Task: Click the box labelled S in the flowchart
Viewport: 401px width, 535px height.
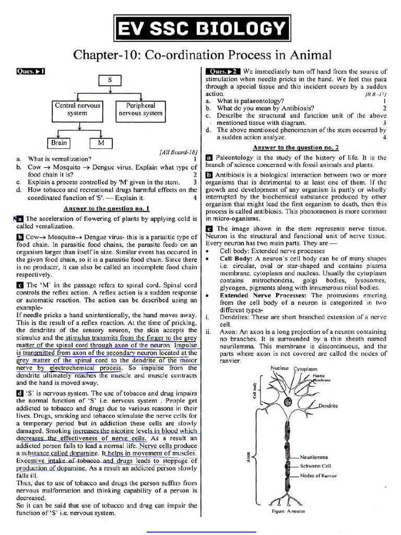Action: (x=110, y=80)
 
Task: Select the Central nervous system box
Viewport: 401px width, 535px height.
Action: (x=77, y=109)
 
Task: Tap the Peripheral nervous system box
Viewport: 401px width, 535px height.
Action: (x=140, y=109)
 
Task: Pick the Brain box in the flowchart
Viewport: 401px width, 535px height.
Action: (x=59, y=143)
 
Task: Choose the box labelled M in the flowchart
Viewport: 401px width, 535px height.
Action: (x=101, y=143)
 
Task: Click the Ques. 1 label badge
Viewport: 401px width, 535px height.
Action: (x=31, y=71)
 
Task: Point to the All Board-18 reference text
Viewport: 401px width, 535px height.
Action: (x=178, y=152)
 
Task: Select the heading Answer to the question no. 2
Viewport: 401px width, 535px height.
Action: (x=296, y=148)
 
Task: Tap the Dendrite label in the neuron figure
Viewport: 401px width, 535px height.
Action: (x=328, y=405)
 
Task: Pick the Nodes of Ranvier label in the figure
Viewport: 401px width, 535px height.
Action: (x=318, y=475)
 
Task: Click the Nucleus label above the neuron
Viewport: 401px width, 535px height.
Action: (x=279, y=368)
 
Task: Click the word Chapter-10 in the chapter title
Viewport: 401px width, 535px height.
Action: (x=105, y=55)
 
